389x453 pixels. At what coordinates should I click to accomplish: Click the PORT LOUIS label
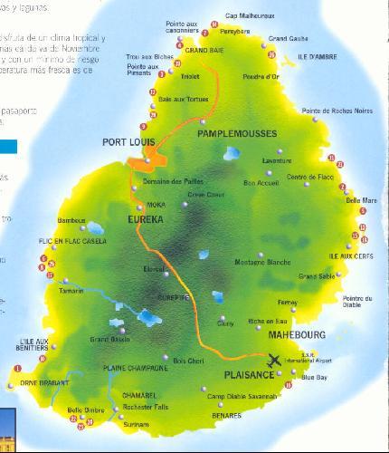pyautogui.click(x=129, y=142)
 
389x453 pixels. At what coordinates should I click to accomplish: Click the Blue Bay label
pyautogui.click(x=314, y=376)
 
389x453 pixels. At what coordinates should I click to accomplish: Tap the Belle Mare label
pyautogui.click(x=363, y=200)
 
